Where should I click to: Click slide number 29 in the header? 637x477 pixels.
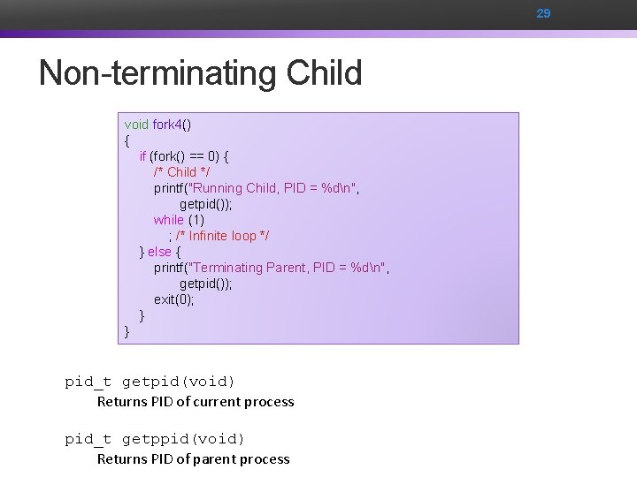pos(543,13)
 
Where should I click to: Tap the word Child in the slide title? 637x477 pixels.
pos(324,72)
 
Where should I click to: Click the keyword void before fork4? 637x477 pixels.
pos(136,125)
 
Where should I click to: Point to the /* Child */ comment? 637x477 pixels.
pos(181,172)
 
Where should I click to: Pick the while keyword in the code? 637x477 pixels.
pos(168,220)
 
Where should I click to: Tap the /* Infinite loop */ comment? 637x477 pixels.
pos(223,236)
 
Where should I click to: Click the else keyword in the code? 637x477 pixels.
pos(159,252)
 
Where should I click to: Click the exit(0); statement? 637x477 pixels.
pos(173,299)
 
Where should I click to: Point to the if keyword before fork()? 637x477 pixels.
pos(142,156)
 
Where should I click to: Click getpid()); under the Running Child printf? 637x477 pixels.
pos(206,204)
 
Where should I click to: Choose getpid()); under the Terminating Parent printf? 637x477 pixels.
pos(206,284)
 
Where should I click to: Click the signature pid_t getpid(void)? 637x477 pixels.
pos(150,382)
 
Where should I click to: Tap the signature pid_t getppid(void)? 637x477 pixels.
pos(155,439)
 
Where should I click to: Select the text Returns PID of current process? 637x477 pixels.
pos(196,402)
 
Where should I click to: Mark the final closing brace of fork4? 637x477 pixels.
pos(127,331)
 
